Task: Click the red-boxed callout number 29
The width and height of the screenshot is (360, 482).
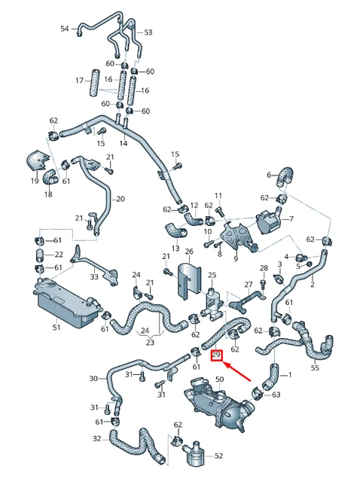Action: click(216, 355)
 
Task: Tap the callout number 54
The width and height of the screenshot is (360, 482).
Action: click(65, 29)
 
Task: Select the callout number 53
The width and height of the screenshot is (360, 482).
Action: click(148, 32)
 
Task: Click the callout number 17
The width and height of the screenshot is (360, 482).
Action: click(78, 80)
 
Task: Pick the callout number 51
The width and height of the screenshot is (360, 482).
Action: click(56, 328)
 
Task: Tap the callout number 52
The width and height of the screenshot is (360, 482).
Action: click(219, 456)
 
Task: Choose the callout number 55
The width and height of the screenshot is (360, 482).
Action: click(315, 368)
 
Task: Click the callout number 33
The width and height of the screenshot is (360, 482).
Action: click(94, 277)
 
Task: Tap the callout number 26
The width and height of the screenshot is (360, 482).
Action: click(189, 251)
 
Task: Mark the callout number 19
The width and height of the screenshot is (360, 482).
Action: click(35, 182)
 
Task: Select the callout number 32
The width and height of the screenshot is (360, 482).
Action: click(96, 438)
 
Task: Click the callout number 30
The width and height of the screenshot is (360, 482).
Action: click(93, 378)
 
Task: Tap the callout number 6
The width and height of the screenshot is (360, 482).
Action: click(268, 175)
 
